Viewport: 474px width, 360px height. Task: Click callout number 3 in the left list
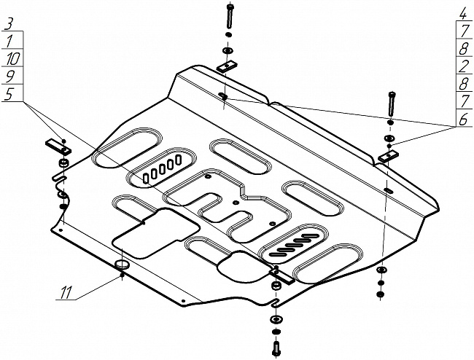tap(9, 24)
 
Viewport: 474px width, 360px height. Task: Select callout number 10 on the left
tap(13, 58)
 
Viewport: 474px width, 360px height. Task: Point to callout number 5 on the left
tap(9, 93)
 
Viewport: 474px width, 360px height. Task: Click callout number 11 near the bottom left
tap(66, 292)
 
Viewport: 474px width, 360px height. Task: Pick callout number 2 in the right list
tap(463, 66)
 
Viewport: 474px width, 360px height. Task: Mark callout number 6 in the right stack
tap(463, 119)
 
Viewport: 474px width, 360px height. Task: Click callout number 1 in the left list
tap(9, 41)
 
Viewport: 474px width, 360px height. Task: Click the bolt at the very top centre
tap(230, 16)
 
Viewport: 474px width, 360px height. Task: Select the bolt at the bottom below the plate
tap(276, 349)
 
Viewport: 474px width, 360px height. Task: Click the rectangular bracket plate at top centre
tap(227, 66)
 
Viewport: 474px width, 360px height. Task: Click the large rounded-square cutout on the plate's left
tap(155, 233)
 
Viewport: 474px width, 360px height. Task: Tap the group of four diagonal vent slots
tap(292, 245)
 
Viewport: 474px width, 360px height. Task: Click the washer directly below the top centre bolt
tap(229, 50)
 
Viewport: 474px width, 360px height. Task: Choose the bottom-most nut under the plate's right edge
tap(381, 294)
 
